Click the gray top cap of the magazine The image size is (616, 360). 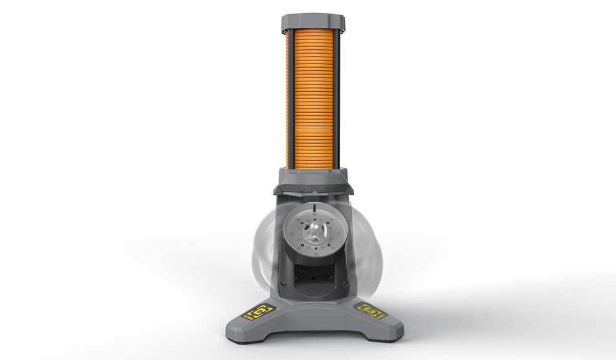[313, 22]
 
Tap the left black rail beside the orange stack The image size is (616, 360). [288, 99]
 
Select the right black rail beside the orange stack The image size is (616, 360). [337, 99]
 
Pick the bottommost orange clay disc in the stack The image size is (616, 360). [312, 165]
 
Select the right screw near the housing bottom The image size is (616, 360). [344, 284]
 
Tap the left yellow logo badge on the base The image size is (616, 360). [257, 313]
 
